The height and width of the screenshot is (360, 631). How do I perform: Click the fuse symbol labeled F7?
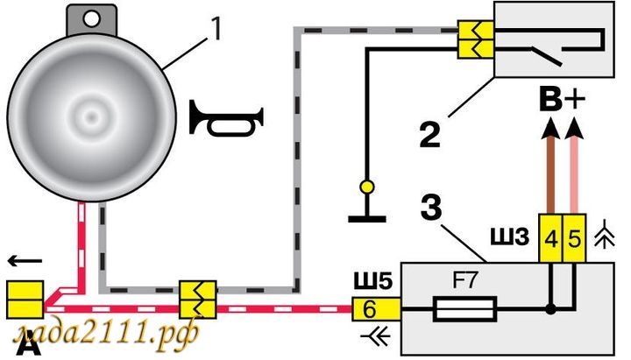coord(466,309)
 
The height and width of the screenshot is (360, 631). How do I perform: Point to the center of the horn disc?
coord(87,114)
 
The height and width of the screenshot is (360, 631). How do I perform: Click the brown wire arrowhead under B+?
coord(550,129)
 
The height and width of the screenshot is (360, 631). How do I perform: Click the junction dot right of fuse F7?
coord(550,309)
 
